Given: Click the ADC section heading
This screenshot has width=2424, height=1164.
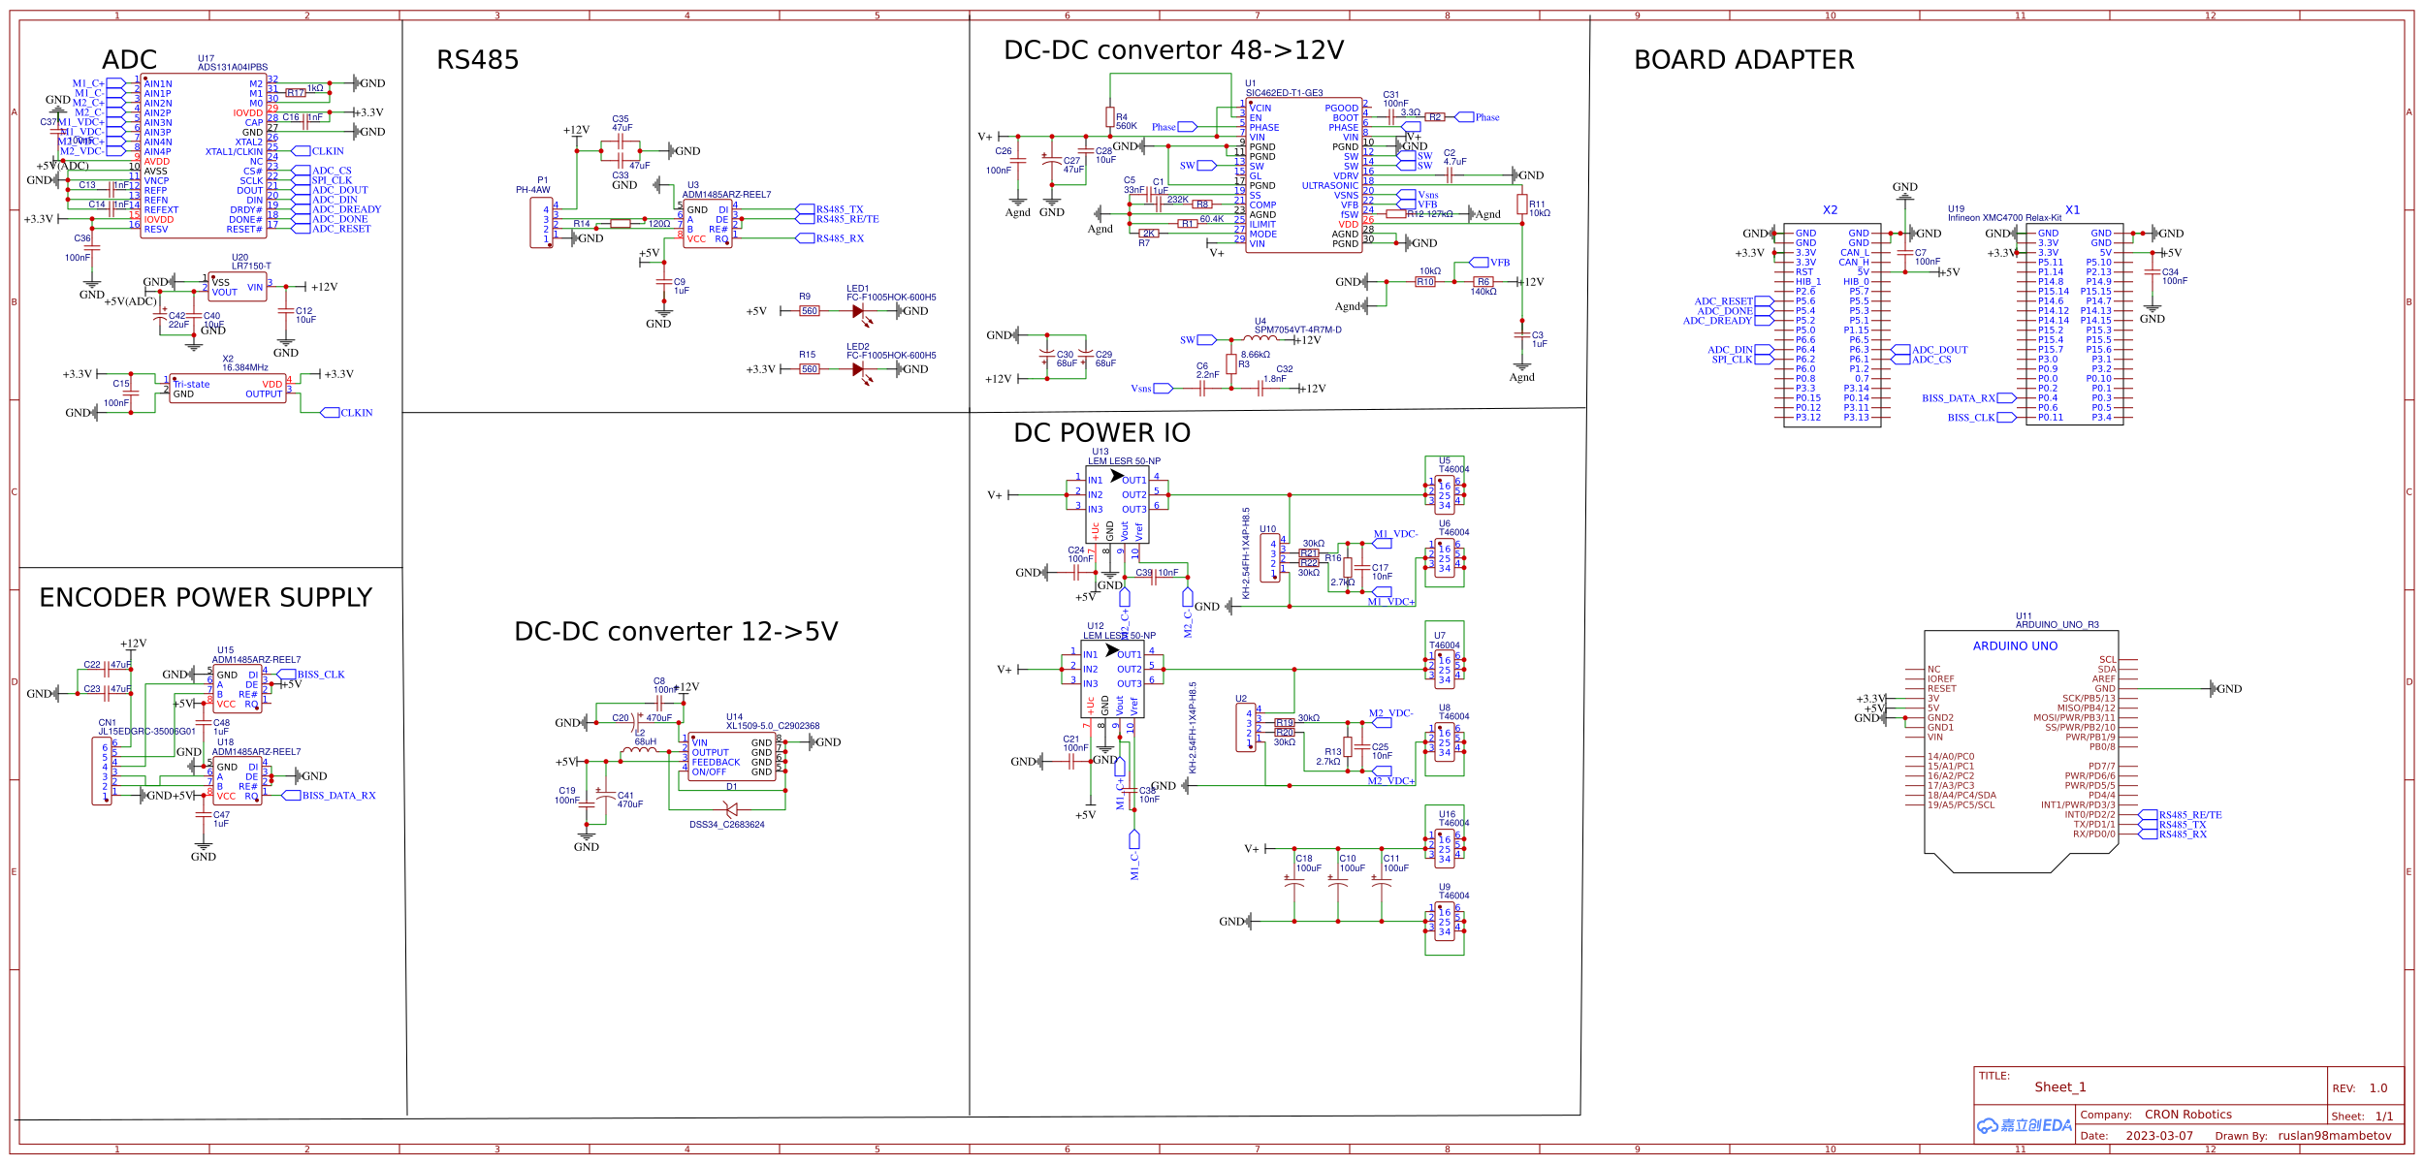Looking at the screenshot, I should tap(129, 60).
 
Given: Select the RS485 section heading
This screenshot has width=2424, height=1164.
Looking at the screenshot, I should tap(477, 61).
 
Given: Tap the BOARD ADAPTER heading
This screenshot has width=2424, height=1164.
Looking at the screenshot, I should tap(1743, 60).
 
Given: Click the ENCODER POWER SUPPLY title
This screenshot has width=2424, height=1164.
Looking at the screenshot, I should tap(206, 598).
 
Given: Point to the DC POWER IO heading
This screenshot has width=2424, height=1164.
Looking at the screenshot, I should tap(1101, 433).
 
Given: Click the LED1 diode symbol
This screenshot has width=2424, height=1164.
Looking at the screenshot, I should tap(858, 312).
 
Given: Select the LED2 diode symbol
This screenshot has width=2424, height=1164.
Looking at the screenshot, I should tap(858, 370).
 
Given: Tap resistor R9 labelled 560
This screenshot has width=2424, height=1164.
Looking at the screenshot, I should tap(809, 312).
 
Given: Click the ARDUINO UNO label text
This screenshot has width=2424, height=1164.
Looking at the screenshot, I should tap(2015, 646).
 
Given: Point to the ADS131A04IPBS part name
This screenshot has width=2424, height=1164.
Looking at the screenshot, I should tap(233, 68).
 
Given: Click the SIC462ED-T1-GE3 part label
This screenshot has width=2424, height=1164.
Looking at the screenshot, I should tap(1284, 93).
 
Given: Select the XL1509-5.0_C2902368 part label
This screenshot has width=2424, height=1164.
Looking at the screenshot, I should tap(773, 726).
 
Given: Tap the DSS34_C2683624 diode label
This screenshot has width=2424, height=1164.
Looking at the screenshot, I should tap(726, 825).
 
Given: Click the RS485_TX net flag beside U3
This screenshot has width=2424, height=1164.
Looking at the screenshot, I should tap(839, 209).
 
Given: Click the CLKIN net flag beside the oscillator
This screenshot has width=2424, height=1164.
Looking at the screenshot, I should tap(355, 413).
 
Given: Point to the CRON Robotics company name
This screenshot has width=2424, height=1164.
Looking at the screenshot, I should tap(2187, 1115).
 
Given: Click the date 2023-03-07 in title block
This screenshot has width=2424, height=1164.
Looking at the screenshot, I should tap(2158, 1136).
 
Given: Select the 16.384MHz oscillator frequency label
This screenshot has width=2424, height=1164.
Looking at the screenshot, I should tap(245, 367).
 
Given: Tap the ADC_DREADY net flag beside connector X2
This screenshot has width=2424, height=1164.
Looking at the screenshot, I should tap(1717, 321).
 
